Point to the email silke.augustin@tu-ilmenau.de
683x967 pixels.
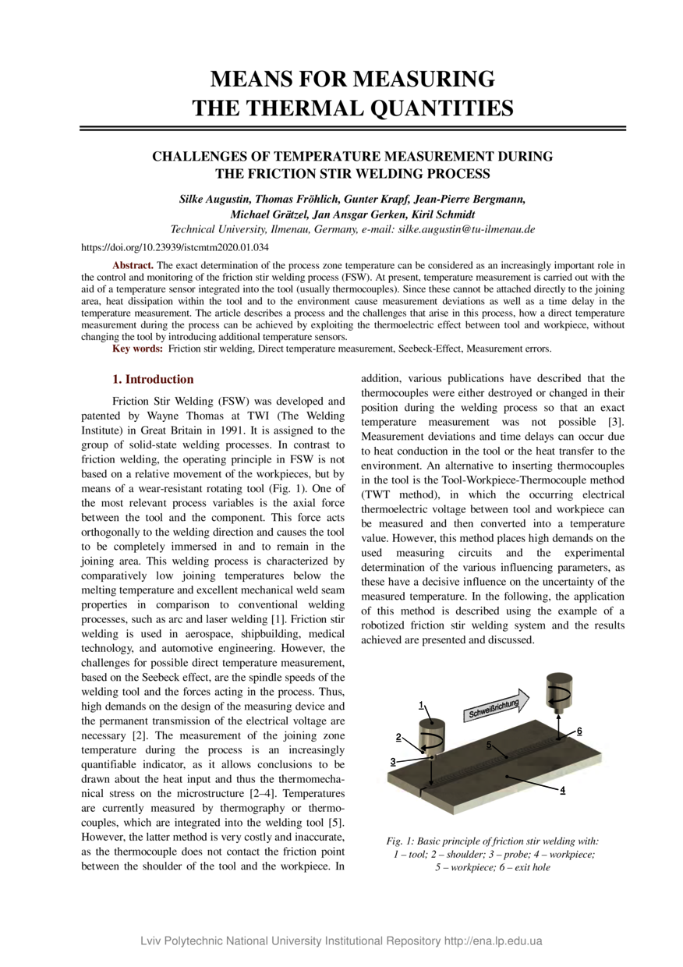click(x=466, y=229)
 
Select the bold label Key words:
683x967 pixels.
click(x=138, y=348)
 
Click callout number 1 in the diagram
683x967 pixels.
click(x=422, y=705)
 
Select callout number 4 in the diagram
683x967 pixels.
click(x=562, y=790)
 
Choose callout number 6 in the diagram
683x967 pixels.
click(x=579, y=731)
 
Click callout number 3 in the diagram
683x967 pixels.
click(x=394, y=761)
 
